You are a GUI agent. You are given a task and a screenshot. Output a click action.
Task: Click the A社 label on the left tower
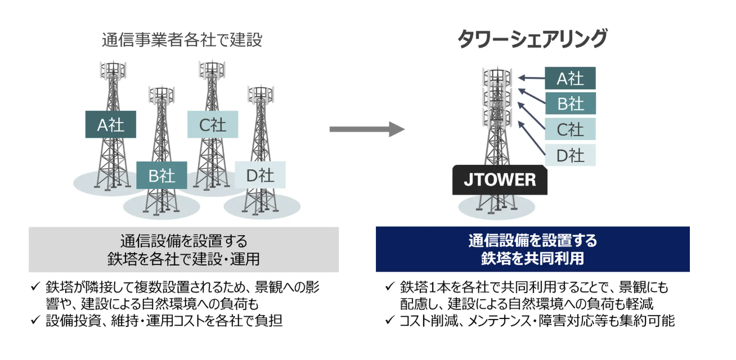[111, 124]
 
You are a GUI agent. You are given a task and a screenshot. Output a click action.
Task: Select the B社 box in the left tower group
[161, 175]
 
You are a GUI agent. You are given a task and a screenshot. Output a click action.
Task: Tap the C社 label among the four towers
[213, 124]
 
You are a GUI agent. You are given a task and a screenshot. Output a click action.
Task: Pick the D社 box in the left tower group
[260, 175]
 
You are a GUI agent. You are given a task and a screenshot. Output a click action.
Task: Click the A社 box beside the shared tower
[570, 78]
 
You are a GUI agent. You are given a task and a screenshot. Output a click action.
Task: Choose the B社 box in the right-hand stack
[570, 103]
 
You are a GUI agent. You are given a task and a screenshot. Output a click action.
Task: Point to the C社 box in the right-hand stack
[570, 129]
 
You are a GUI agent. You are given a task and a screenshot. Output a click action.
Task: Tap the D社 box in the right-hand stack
[570, 155]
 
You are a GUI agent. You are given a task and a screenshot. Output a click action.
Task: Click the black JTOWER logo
[500, 180]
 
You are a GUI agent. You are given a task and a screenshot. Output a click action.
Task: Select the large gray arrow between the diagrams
[367, 129]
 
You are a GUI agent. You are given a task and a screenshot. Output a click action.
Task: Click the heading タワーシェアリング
[532, 39]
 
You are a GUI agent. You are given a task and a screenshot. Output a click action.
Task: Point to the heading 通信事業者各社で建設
[182, 40]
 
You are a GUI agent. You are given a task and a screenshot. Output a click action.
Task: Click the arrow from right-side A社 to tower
[531, 78]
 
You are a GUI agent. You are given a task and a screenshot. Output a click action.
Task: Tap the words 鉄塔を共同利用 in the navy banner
[533, 259]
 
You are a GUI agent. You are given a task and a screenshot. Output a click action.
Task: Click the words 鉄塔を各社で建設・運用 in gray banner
[183, 259]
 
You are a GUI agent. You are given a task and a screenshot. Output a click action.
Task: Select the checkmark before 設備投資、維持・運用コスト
[35, 319]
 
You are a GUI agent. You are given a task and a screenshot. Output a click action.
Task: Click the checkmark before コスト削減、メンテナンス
[390, 319]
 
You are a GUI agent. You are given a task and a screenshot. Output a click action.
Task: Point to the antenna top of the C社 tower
[212, 70]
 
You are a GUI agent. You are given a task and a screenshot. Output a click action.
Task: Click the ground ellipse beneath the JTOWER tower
[496, 207]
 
